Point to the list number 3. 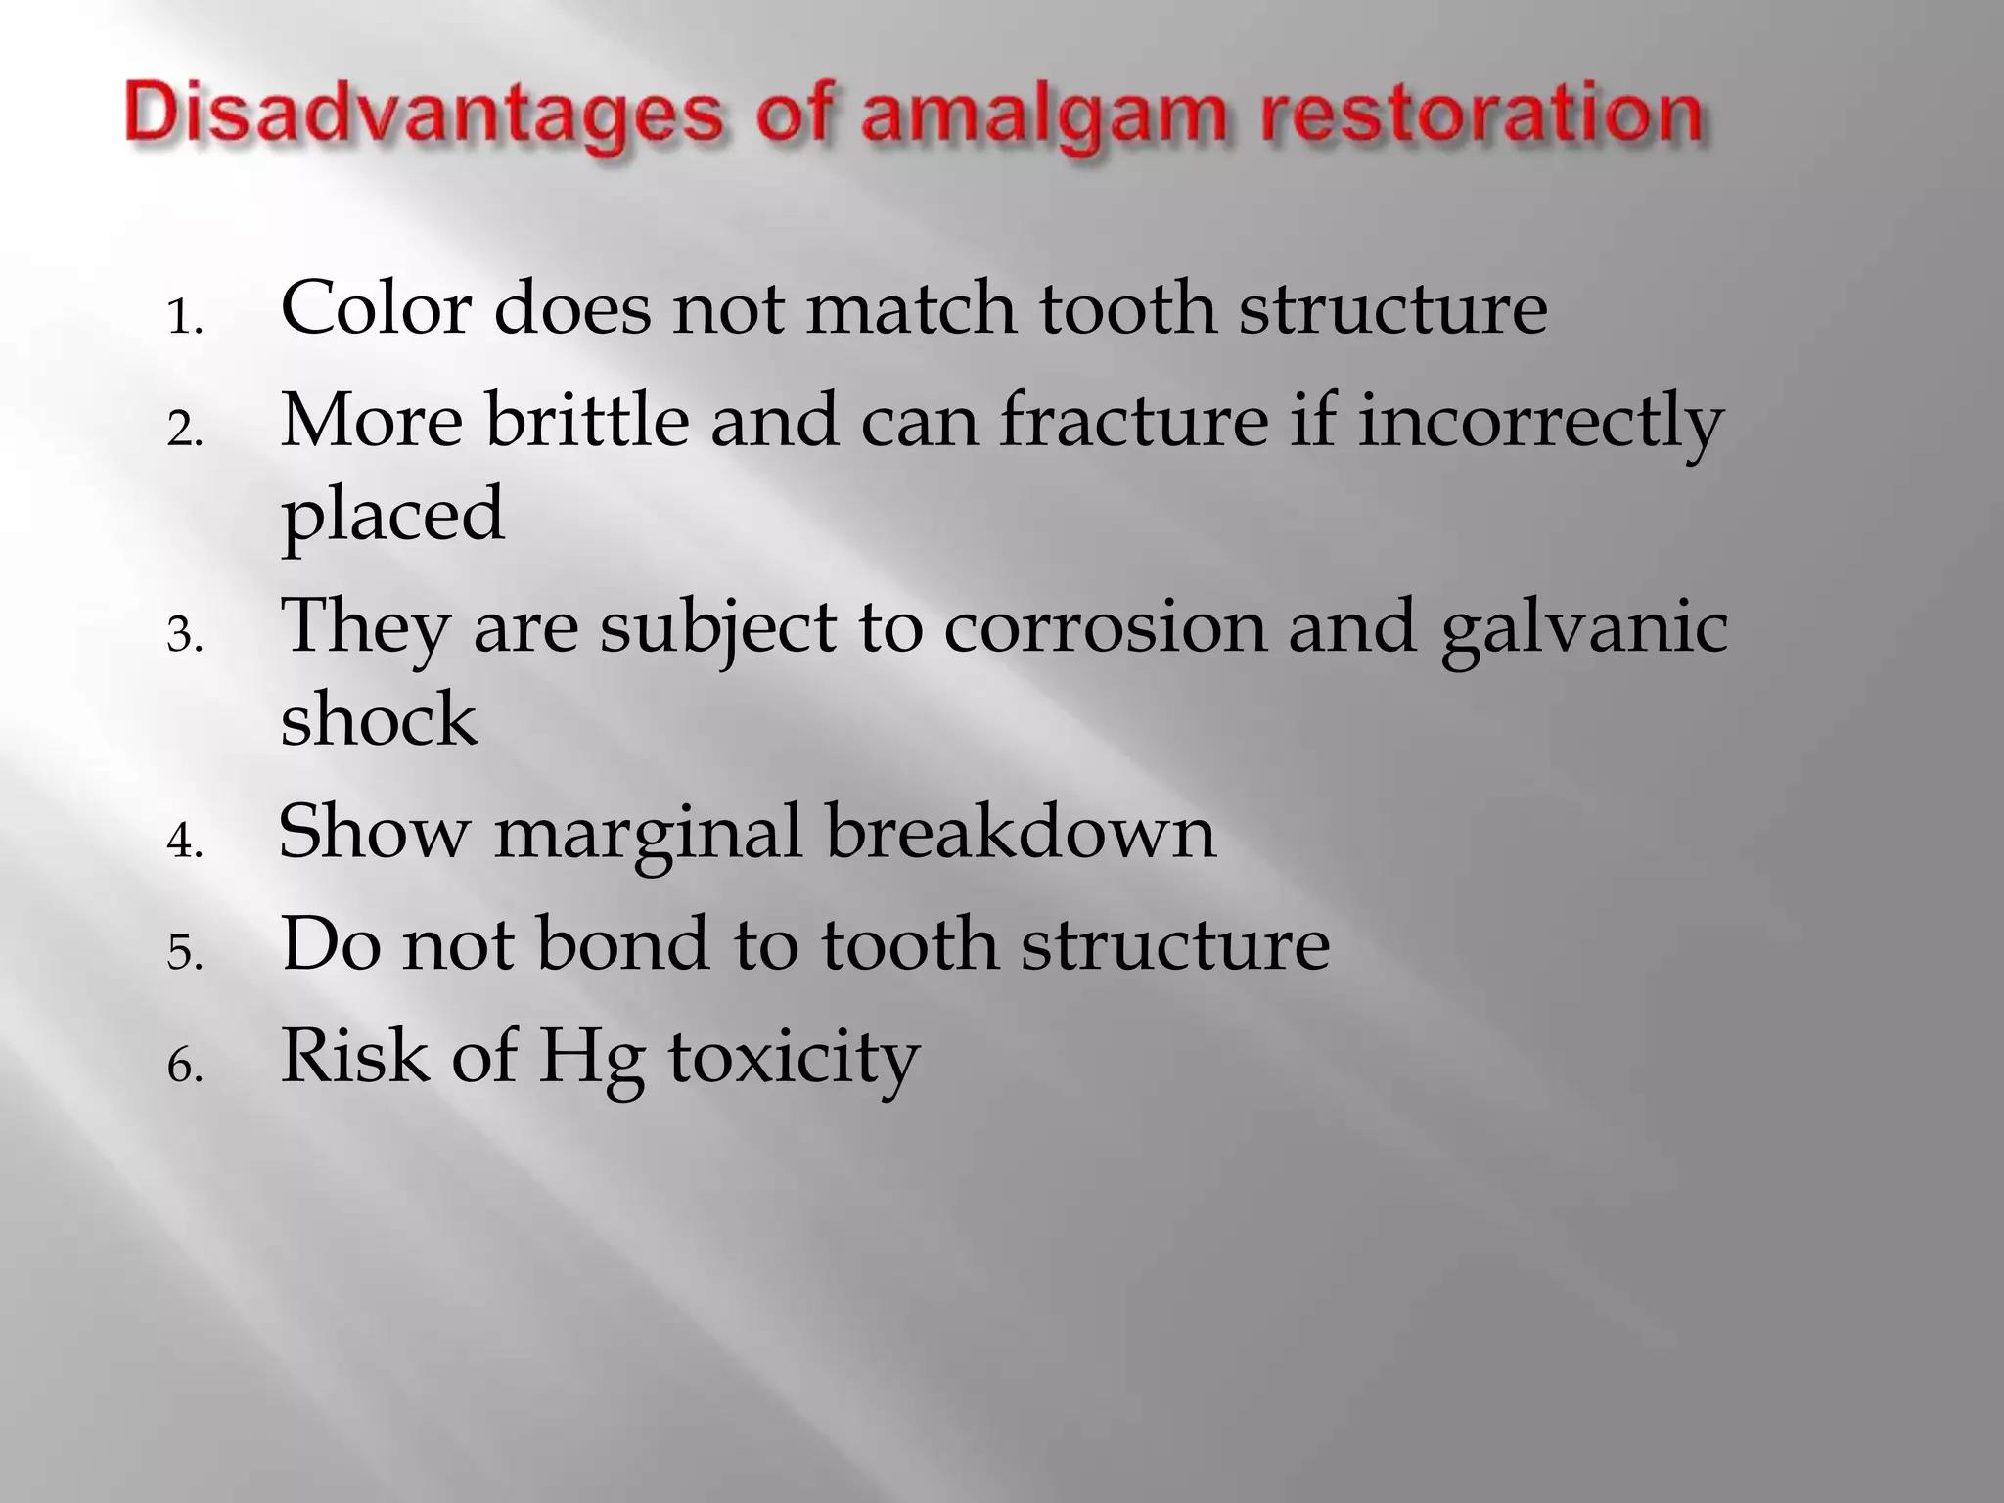(x=184, y=637)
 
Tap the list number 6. (x=184, y=1066)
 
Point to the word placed (x=392, y=515)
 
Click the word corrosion (x=1105, y=626)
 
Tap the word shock (x=379, y=719)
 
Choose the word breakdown (x=1021, y=832)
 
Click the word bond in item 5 (x=622, y=944)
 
